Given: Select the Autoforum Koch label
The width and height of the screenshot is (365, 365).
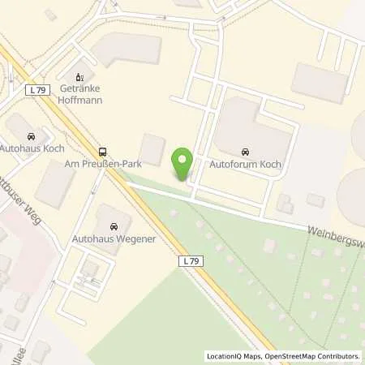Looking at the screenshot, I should point(245,164).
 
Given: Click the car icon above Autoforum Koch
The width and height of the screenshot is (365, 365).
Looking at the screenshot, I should point(245,151).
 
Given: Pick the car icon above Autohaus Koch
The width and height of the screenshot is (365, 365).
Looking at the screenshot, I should point(31,136).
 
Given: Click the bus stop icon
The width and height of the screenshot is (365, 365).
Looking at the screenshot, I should point(102,151).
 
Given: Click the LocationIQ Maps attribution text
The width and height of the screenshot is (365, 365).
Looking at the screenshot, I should point(237,356).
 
